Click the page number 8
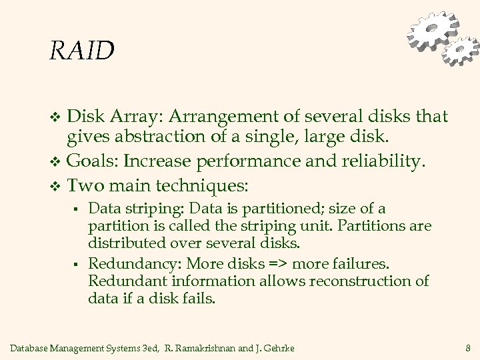[469, 347]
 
